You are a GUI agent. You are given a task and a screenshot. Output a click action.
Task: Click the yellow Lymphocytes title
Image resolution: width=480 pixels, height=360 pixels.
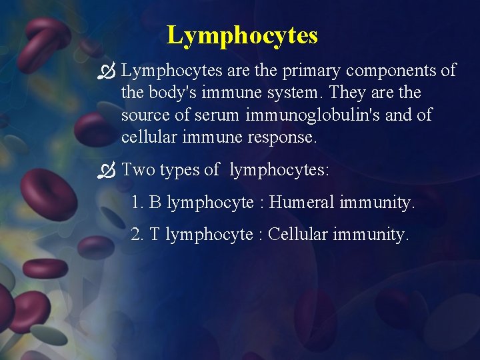tap(242, 35)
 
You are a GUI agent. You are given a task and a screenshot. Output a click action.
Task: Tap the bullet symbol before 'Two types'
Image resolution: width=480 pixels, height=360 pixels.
tap(107, 171)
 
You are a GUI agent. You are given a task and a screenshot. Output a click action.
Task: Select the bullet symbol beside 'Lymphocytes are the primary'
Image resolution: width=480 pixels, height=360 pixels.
tap(107, 71)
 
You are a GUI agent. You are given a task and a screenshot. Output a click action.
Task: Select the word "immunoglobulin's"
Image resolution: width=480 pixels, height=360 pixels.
tap(316, 115)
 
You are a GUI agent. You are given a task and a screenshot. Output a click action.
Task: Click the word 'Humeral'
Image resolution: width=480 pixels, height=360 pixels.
tap(301, 202)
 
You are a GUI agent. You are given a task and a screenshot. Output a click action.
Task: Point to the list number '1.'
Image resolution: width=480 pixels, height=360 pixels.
tap(137, 202)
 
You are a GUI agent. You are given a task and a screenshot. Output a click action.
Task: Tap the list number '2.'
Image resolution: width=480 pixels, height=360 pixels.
tap(137, 234)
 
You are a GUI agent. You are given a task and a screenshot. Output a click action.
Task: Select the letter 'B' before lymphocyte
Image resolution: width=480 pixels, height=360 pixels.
tap(155, 202)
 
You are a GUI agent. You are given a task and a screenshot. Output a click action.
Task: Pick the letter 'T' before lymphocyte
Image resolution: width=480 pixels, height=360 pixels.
tap(155, 234)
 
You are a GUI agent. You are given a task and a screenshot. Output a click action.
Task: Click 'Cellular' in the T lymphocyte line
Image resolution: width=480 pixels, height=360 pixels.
tap(295, 234)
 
